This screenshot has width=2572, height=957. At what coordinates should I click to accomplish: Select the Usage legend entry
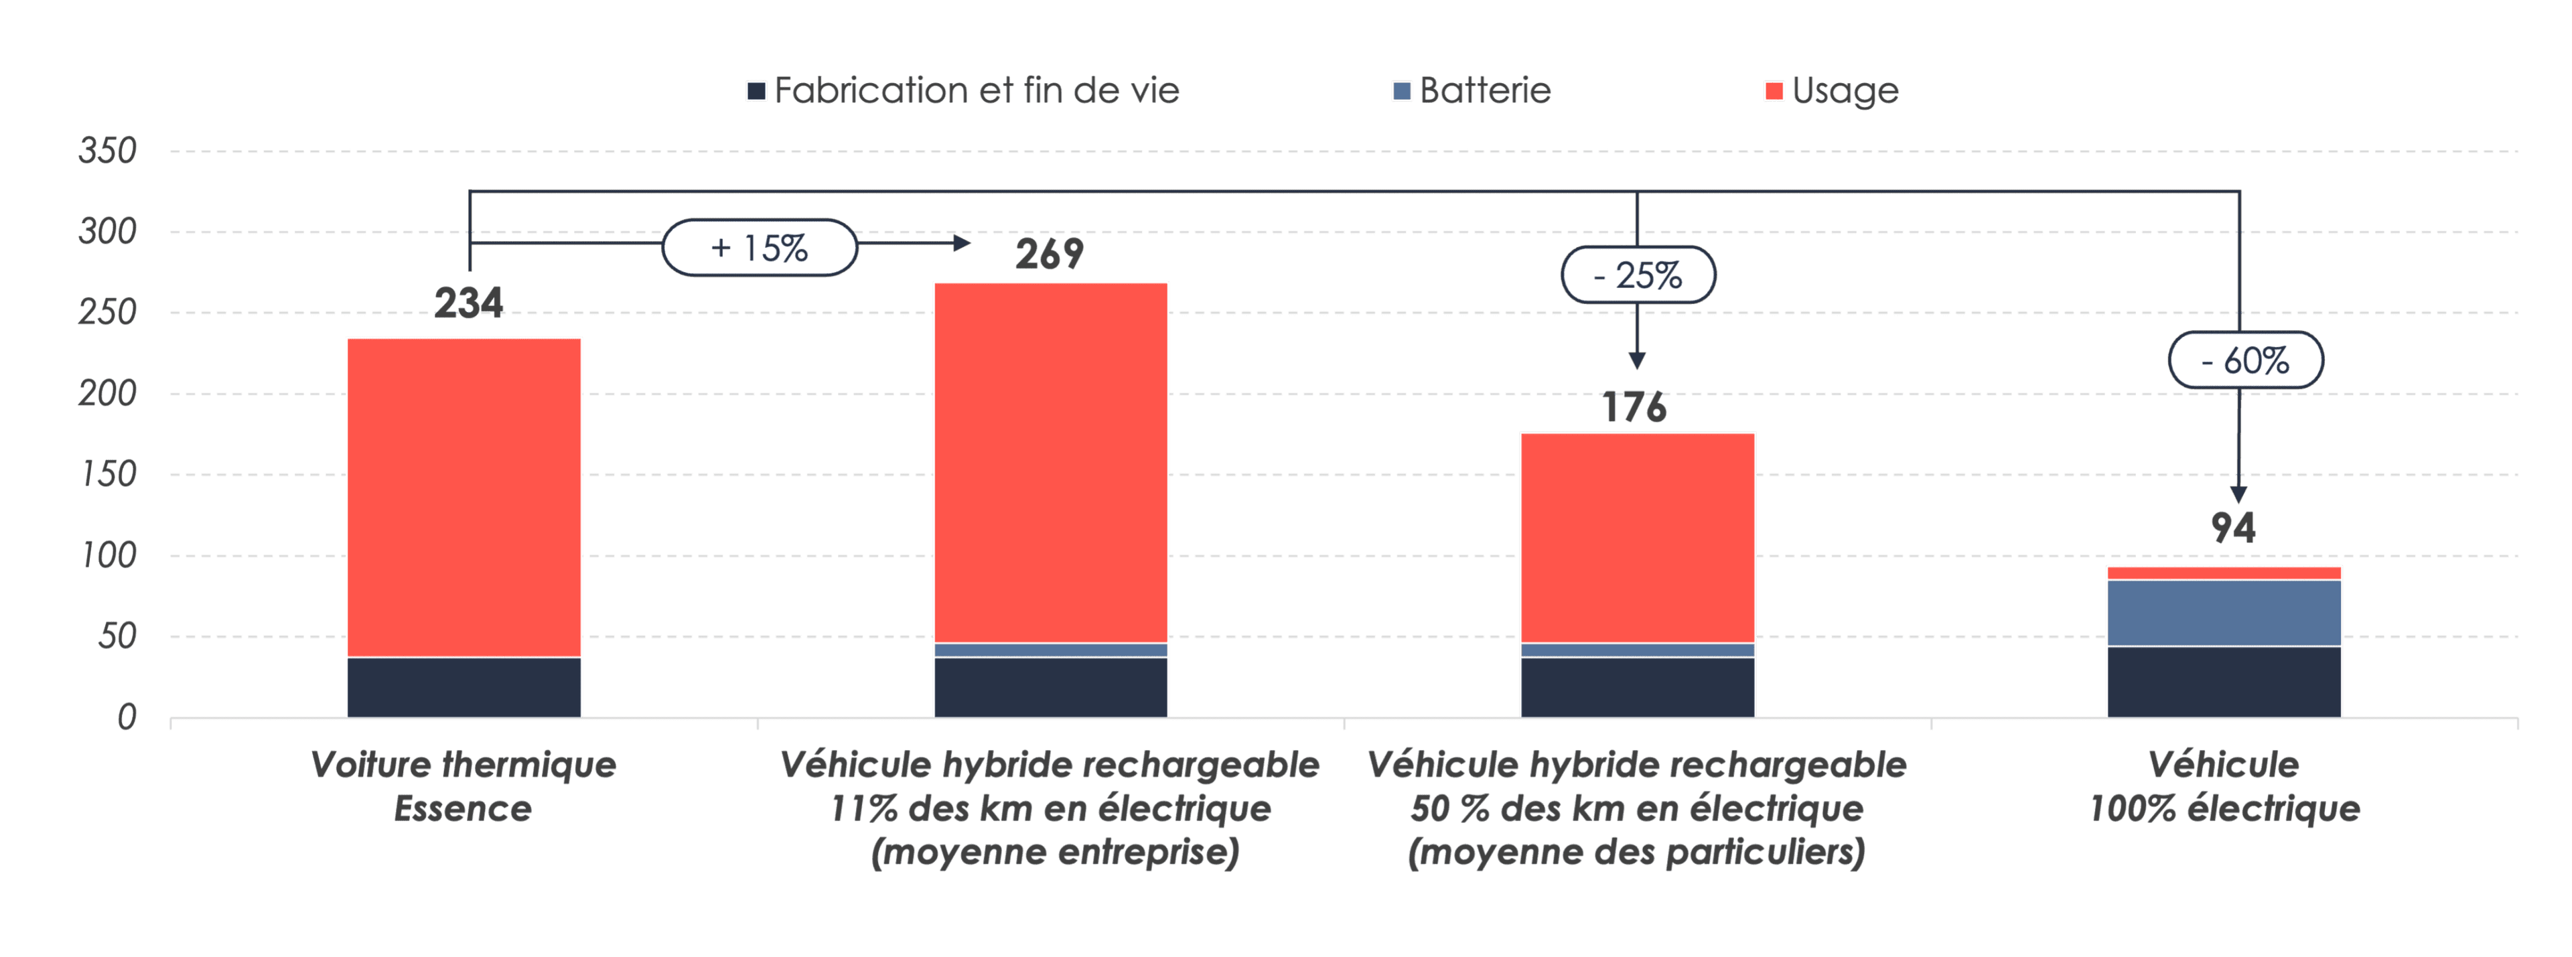click(1832, 91)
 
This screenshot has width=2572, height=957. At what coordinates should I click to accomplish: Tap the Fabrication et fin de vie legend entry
click(964, 91)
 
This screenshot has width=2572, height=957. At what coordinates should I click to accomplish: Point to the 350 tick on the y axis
click(108, 151)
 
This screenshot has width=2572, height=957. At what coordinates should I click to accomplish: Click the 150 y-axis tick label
click(108, 474)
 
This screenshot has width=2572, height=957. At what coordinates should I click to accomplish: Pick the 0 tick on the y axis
click(126, 717)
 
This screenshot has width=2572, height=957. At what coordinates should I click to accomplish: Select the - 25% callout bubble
click(1638, 275)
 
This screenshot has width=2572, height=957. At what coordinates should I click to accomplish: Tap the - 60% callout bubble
click(2246, 360)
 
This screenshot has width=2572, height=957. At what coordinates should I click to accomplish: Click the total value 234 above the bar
click(468, 302)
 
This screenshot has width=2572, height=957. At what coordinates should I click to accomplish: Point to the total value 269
click(1050, 253)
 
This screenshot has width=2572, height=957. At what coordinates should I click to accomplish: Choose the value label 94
click(2232, 528)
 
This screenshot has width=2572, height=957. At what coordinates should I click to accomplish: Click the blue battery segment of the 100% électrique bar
click(2224, 613)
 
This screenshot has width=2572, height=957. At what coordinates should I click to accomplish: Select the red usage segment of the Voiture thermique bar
click(464, 497)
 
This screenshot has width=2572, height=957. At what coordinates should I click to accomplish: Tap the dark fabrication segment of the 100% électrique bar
click(2224, 682)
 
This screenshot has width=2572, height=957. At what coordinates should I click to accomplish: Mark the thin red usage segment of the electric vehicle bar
click(2224, 573)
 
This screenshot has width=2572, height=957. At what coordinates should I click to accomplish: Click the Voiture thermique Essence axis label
click(463, 786)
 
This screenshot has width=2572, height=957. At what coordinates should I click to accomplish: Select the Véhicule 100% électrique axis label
click(2224, 786)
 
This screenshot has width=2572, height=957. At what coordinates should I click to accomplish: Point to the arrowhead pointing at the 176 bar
click(1636, 360)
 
